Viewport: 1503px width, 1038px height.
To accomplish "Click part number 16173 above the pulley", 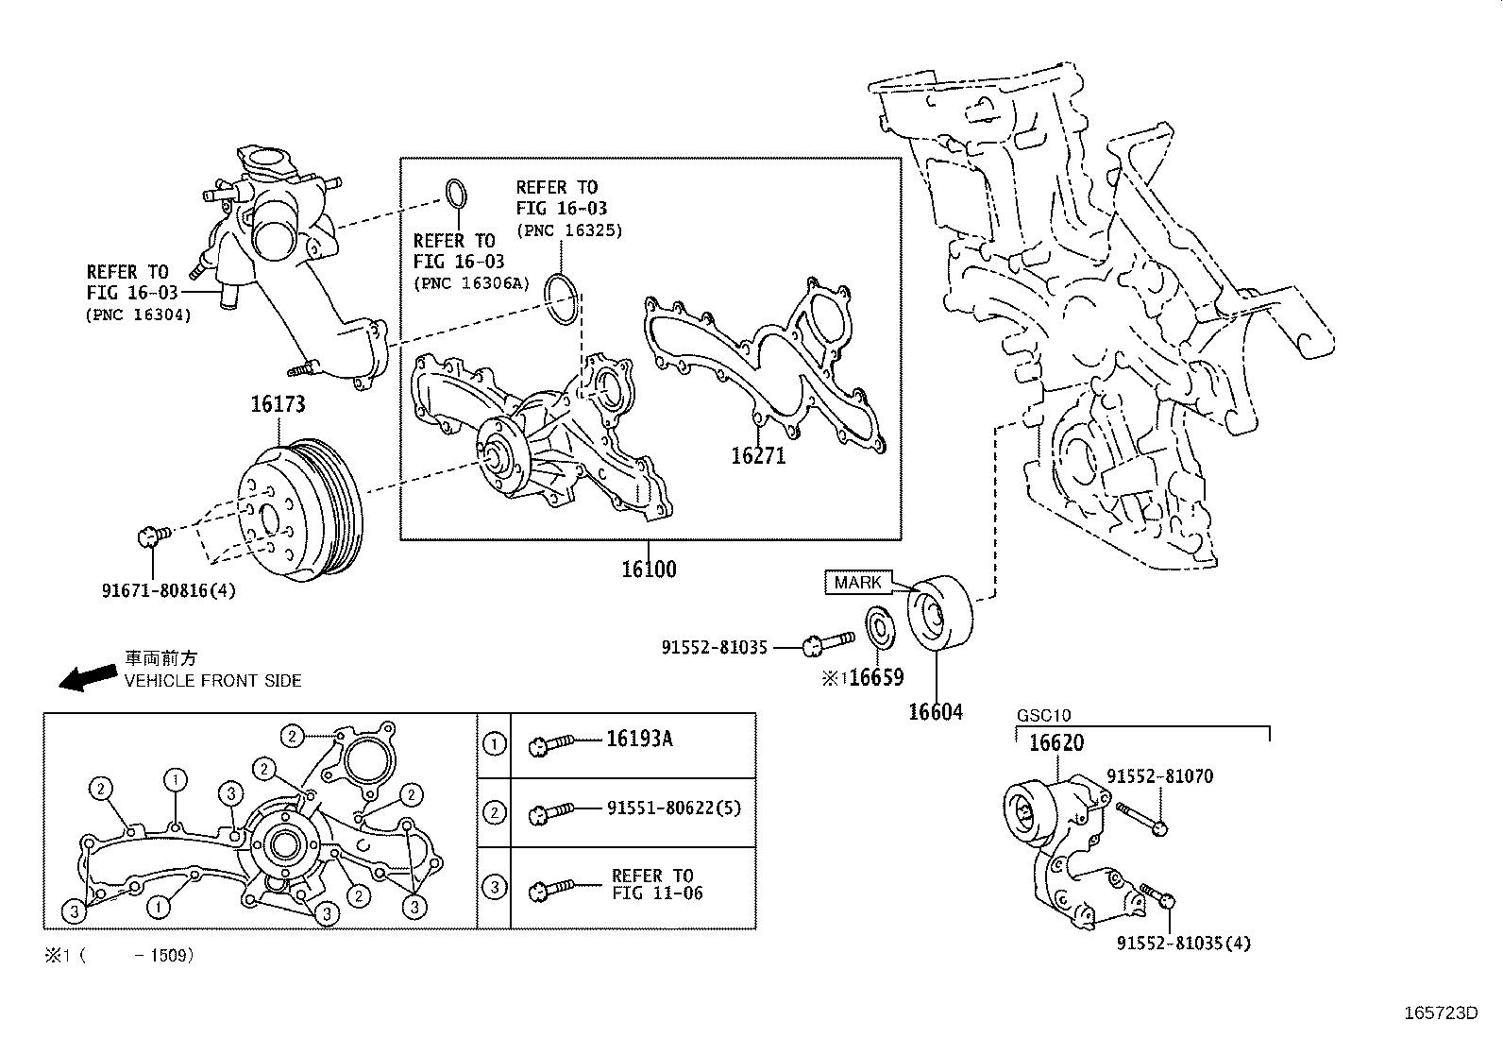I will point(278,404).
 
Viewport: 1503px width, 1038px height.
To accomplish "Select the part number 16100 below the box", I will point(649,569).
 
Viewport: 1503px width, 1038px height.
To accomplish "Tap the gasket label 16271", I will point(758,455).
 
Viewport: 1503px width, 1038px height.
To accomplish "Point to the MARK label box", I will point(857,583).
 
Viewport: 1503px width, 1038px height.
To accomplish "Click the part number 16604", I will point(935,711).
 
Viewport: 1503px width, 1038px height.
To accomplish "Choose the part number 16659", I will point(875,677).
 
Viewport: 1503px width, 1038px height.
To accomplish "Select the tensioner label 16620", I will point(1055,743).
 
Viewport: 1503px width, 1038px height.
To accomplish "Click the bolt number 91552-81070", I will point(1159,776).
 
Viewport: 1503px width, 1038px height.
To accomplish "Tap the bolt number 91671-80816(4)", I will point(168,590).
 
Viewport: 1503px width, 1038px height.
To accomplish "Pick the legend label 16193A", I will point(639,739).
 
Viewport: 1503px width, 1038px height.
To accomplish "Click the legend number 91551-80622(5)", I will point(673,808).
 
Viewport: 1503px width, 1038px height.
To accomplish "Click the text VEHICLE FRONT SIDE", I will point(212,680).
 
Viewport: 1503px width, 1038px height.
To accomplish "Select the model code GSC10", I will point(1043,716).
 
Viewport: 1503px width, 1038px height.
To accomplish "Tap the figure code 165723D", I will point(1439,1012).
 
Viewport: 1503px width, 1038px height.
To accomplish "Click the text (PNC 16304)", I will point(138,315).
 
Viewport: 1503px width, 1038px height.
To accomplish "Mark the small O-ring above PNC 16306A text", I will point(455,192).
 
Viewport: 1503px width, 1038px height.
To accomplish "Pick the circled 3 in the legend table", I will point(494,887).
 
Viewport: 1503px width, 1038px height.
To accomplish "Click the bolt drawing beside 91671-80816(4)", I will point(153,536).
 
